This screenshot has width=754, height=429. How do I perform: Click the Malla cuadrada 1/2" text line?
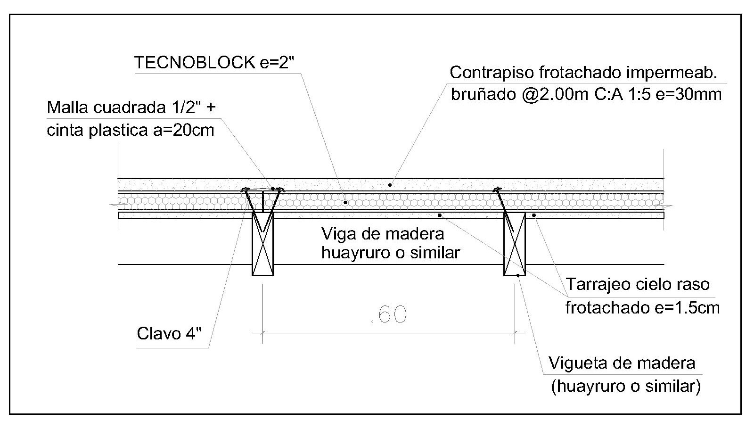pyautogui.click(x=131, y=107)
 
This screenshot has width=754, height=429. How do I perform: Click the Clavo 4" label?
pyautogui.click(x=169, y=333)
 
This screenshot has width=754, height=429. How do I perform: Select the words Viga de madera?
pyautogui.click(x=382, y=233)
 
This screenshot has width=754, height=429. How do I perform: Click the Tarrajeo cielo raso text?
pyautogui.click(x=637, y=284)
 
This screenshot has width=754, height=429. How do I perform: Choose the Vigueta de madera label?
pyautogui.click(x=622, y=363)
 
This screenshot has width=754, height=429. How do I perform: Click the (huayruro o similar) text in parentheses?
pyautogui.click(x=626, y=386)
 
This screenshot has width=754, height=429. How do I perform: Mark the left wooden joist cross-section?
pyautogui.click(x=263, y=244)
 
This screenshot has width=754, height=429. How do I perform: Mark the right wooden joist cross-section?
pyautogui.click(x=515, y=244)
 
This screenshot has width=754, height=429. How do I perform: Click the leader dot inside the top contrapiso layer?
pyautogui.click(x=390, y=185)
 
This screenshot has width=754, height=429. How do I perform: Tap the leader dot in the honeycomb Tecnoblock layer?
pyautogui.click(x=345, y=202)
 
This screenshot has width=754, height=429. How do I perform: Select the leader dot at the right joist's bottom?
pyautogui.click(x=518, y=275)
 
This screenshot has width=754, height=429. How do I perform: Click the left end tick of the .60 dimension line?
pyautogui.click(x=262, y=332)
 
